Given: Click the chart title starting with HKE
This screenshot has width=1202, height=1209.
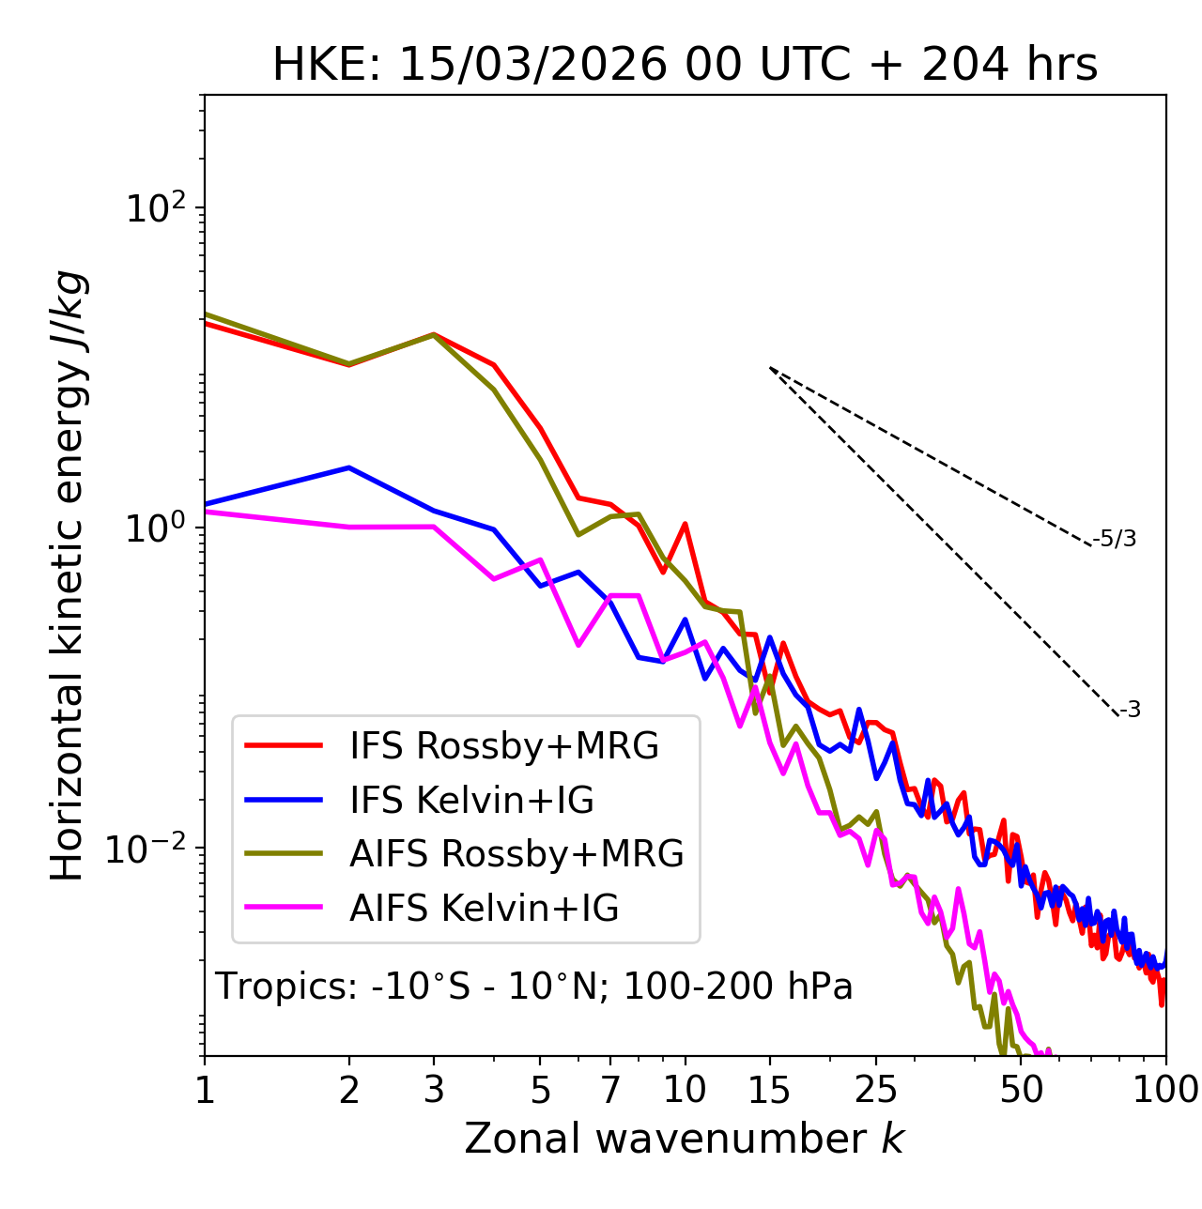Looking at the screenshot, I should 685,66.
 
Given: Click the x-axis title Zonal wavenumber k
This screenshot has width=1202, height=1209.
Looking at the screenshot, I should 684,1139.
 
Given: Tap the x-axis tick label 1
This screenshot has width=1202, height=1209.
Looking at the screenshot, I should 205,1090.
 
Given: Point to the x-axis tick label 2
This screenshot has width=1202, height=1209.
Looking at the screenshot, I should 349,1090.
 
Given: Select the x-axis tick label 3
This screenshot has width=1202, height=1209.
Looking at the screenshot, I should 434,1090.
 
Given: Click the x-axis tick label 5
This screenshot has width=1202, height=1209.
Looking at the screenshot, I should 540,1090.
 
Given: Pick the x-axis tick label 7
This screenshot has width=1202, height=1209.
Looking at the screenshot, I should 610,1090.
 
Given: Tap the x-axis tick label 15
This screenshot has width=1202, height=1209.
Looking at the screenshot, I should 769,1090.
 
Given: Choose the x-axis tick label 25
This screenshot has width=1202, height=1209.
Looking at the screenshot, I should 876,1090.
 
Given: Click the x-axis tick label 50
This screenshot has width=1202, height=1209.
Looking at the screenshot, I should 1021,1090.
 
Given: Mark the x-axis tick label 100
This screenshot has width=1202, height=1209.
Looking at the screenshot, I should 1164,1090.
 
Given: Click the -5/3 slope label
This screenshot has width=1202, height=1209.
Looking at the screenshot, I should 1115,540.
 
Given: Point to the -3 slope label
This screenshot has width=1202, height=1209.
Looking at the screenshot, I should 1130,711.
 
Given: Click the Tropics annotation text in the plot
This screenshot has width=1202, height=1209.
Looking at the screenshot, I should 533,987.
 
